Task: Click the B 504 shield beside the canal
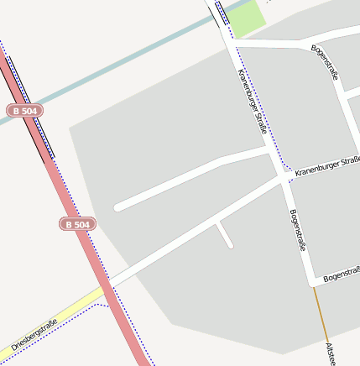click(24, 111)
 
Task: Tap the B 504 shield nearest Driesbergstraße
click(77, 224)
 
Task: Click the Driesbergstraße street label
click(34, 335)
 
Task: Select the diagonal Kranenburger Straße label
click(252, 102)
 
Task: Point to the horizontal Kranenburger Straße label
click(326, 165)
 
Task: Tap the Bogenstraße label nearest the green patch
click(325, 63)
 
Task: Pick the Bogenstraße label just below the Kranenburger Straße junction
click(296, 231)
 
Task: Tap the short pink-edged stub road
click(224, 234)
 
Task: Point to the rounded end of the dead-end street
click(118, 206)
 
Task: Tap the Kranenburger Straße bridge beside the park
click(222, 17)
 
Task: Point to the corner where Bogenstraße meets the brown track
click(313, 282)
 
